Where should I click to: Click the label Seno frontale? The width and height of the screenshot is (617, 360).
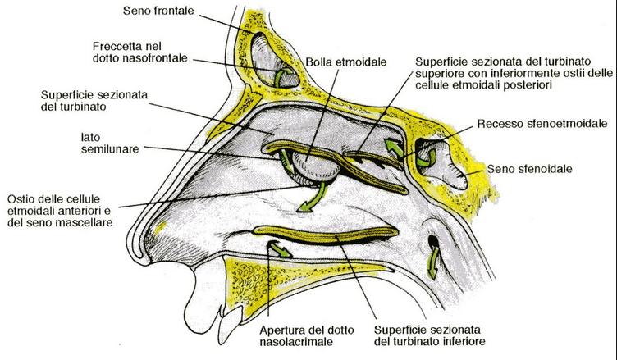[x=158, y=11]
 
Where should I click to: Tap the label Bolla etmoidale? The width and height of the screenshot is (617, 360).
[x=346, y=62]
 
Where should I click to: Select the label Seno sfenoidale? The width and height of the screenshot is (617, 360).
[x=529, y=169]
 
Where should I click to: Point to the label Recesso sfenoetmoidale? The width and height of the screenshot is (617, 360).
[x=542, y=124]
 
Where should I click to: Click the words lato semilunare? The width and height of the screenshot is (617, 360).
[x=110, y=144]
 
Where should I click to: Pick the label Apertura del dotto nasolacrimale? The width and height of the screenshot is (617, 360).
[x=307, y=336]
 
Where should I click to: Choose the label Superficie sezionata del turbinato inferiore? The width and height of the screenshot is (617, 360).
[x=429, y=335]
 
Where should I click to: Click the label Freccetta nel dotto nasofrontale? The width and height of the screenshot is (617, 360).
[x=139, y=52]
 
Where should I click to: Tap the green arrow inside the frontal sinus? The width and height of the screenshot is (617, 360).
[x=281, y=76]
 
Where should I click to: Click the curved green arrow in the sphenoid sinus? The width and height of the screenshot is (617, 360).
[x=429, y=159]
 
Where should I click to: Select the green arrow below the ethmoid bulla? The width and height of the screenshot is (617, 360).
[x=314, y=198]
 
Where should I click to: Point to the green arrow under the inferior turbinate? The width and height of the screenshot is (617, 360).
[x=280, y=249]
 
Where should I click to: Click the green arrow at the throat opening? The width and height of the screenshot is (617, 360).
[x=434, y=262]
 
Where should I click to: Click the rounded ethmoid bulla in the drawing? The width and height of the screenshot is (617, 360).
[x=316, y=167]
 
